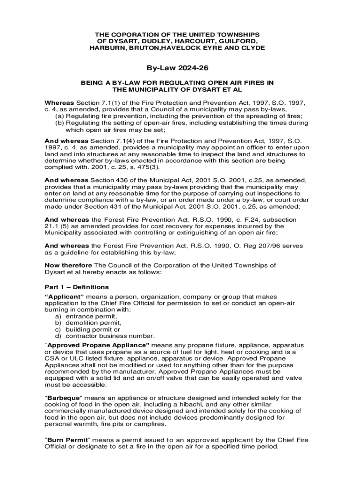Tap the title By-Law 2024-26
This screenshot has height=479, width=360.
point(180,68)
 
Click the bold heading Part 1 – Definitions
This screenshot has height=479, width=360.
point(77,287)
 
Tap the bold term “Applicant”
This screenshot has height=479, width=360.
point(64,297)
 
